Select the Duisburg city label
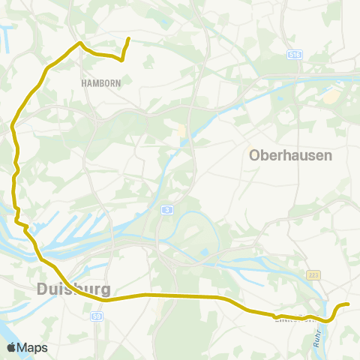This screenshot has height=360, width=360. pos(73,289)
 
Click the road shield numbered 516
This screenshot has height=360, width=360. pos(294,54)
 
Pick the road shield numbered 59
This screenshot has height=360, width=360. pos(97,317)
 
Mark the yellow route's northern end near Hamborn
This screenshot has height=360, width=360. pos(129,39)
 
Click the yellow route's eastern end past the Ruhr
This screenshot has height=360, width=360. pos(349,304)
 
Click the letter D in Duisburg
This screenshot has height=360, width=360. pos(42,289)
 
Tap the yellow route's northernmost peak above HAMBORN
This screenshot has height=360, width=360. pos(79,43)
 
